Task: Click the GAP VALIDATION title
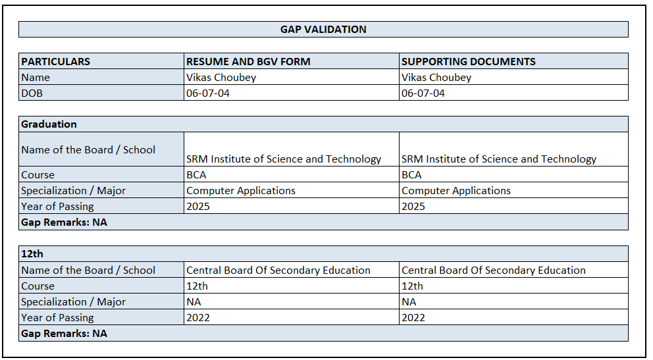pyautogui.click(x=323, y=30)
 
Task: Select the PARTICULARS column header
pyautogui.click(x=56, y=62)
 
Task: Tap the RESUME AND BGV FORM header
pyautogui.click(x=248, y=62)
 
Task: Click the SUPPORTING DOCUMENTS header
pyautogui.click(x=468, y=62)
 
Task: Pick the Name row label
pyautogui.click(x=36, y=78)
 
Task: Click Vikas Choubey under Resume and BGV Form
pyautogui.click(x=221, y=78)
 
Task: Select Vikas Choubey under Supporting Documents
pyautogui.click(x=436, y=78)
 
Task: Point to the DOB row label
pyautogui.click(x=32, y=93)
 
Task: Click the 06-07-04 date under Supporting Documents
pyautogui.click(x=423, y=93)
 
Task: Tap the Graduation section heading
pyautogui.click(x=49, y=124)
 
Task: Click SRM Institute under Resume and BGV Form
pyautogui.click(x=284, y=159)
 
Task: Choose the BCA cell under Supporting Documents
pyautogui.click(x=411, y=175)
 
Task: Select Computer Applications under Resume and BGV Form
pyautogui.click(x=241, y=191)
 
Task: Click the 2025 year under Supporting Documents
pyautogui.click(x=413, y=207)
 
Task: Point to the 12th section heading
pyautogui.click(x=32, y=254)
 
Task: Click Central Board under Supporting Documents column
pyautogui.click(x=494, y=270)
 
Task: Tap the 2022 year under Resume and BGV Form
pyautogui.click(x=198, y=318)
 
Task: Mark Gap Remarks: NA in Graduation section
pyautogui.click(x=64, y=222)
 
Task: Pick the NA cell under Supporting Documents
pyautogui.click(x=409, y=302)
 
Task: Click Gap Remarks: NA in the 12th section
pyautogui.click(x=64, y=334)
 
